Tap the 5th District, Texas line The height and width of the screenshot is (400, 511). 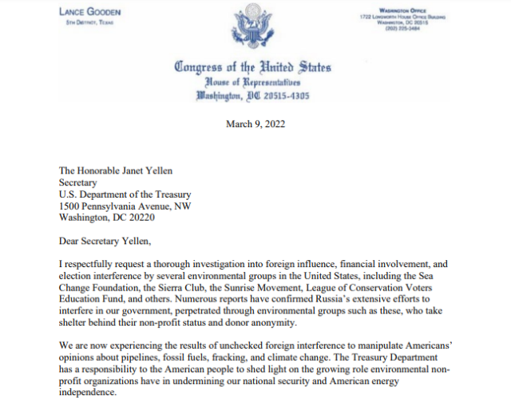[91, 22]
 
